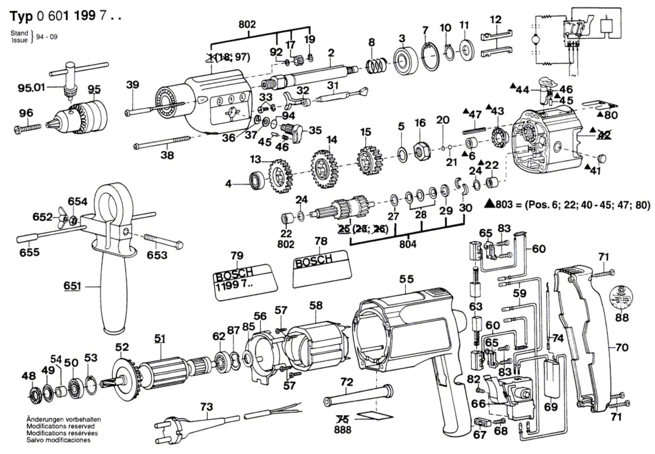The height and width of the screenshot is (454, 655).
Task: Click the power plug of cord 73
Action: click(169, 426)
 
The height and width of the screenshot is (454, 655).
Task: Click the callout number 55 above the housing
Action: click(407, 279)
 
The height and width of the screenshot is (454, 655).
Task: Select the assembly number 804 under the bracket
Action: click(407, 245)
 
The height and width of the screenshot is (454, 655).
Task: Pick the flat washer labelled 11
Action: click(465, 51)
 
